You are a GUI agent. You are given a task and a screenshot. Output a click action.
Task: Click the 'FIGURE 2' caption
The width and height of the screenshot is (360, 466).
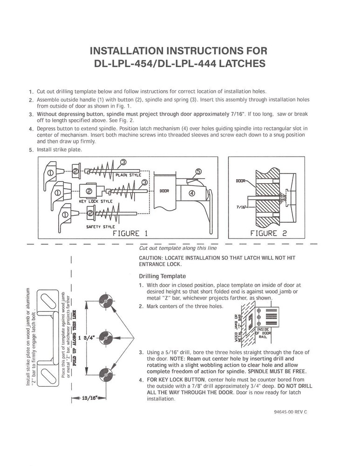[271, 233]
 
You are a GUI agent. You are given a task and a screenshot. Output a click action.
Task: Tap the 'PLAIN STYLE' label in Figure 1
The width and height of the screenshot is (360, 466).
[128, 175]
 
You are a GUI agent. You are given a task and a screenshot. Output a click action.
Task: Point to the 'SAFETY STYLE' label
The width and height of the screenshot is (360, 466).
[101, 226]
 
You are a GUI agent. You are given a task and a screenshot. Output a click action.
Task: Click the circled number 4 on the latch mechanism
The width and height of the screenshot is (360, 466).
[192, 193]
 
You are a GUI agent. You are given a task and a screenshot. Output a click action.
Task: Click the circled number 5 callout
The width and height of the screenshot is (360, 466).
[198, 171]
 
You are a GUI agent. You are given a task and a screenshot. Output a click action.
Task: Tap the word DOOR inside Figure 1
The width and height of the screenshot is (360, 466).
[164, 191]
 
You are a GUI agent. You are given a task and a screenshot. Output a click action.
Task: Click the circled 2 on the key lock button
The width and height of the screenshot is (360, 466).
[87, 191]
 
